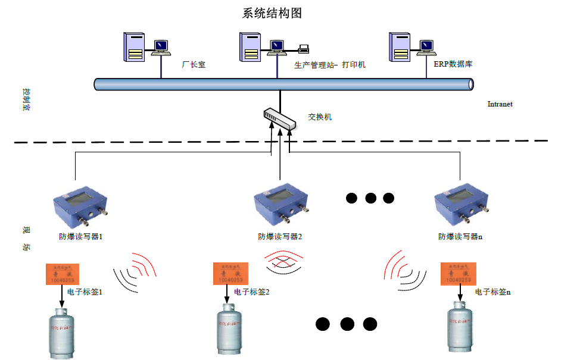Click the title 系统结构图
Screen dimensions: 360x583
276,13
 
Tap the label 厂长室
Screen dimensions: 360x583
194,64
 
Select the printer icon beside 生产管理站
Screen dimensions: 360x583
304,48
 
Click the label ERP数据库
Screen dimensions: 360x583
453,64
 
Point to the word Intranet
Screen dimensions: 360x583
500,104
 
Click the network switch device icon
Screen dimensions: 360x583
280,119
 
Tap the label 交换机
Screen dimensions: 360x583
320,117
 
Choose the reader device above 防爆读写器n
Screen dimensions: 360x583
462,202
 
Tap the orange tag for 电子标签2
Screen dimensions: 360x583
230,274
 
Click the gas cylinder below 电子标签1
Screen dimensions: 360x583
61,334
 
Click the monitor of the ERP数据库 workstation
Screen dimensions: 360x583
426,45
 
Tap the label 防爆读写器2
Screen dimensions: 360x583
280,237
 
